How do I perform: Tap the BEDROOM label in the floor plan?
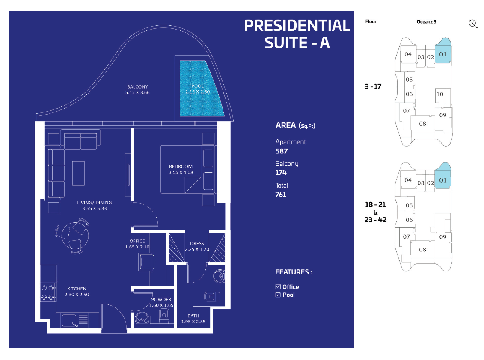tap(181, 167)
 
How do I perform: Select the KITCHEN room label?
tap(77, 289)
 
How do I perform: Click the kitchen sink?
tap(75, 320)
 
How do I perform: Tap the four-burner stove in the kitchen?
tap(48, 292)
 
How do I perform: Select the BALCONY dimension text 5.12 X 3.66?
tap(137, 92)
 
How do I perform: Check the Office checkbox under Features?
tap(278, 287)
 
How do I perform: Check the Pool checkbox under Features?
tap(278, 295)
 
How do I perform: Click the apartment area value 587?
tap(282, 151)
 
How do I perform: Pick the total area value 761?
tap(281, 195)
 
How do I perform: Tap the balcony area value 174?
tap(281, 173)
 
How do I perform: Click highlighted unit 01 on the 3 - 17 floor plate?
tap(443, 54)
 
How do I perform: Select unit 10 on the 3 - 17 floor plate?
tap(440, 94)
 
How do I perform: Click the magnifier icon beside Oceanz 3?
tap(472, 24)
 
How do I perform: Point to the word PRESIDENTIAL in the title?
tap(297, 26)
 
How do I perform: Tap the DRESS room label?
tap(197, 244)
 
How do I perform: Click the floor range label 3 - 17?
tap(373, 87)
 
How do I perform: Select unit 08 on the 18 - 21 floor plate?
tap(422, 250)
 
